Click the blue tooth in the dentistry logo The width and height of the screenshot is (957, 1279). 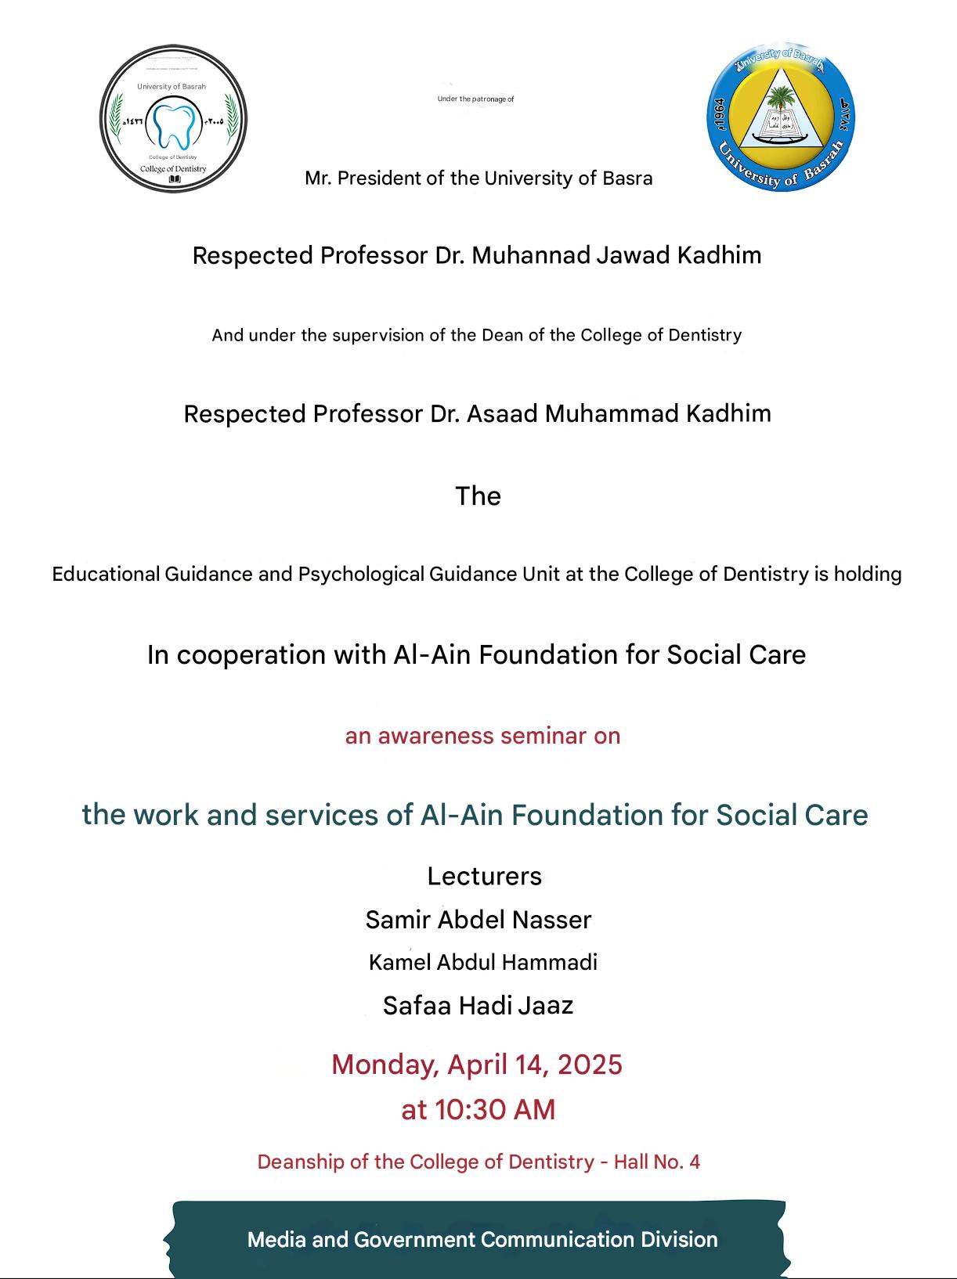172,124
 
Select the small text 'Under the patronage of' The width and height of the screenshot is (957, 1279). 475,99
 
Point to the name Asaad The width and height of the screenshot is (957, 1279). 502,413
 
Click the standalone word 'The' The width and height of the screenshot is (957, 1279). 478,496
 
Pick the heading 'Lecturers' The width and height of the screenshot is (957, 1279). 484,876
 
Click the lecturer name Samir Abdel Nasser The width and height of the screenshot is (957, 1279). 479,920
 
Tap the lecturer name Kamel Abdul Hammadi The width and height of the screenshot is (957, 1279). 482,962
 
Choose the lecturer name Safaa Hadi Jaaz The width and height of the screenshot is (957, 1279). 478,1005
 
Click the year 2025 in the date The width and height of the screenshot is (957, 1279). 590,1065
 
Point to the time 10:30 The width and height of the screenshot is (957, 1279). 467,1110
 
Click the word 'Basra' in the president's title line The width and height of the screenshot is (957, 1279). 627,178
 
